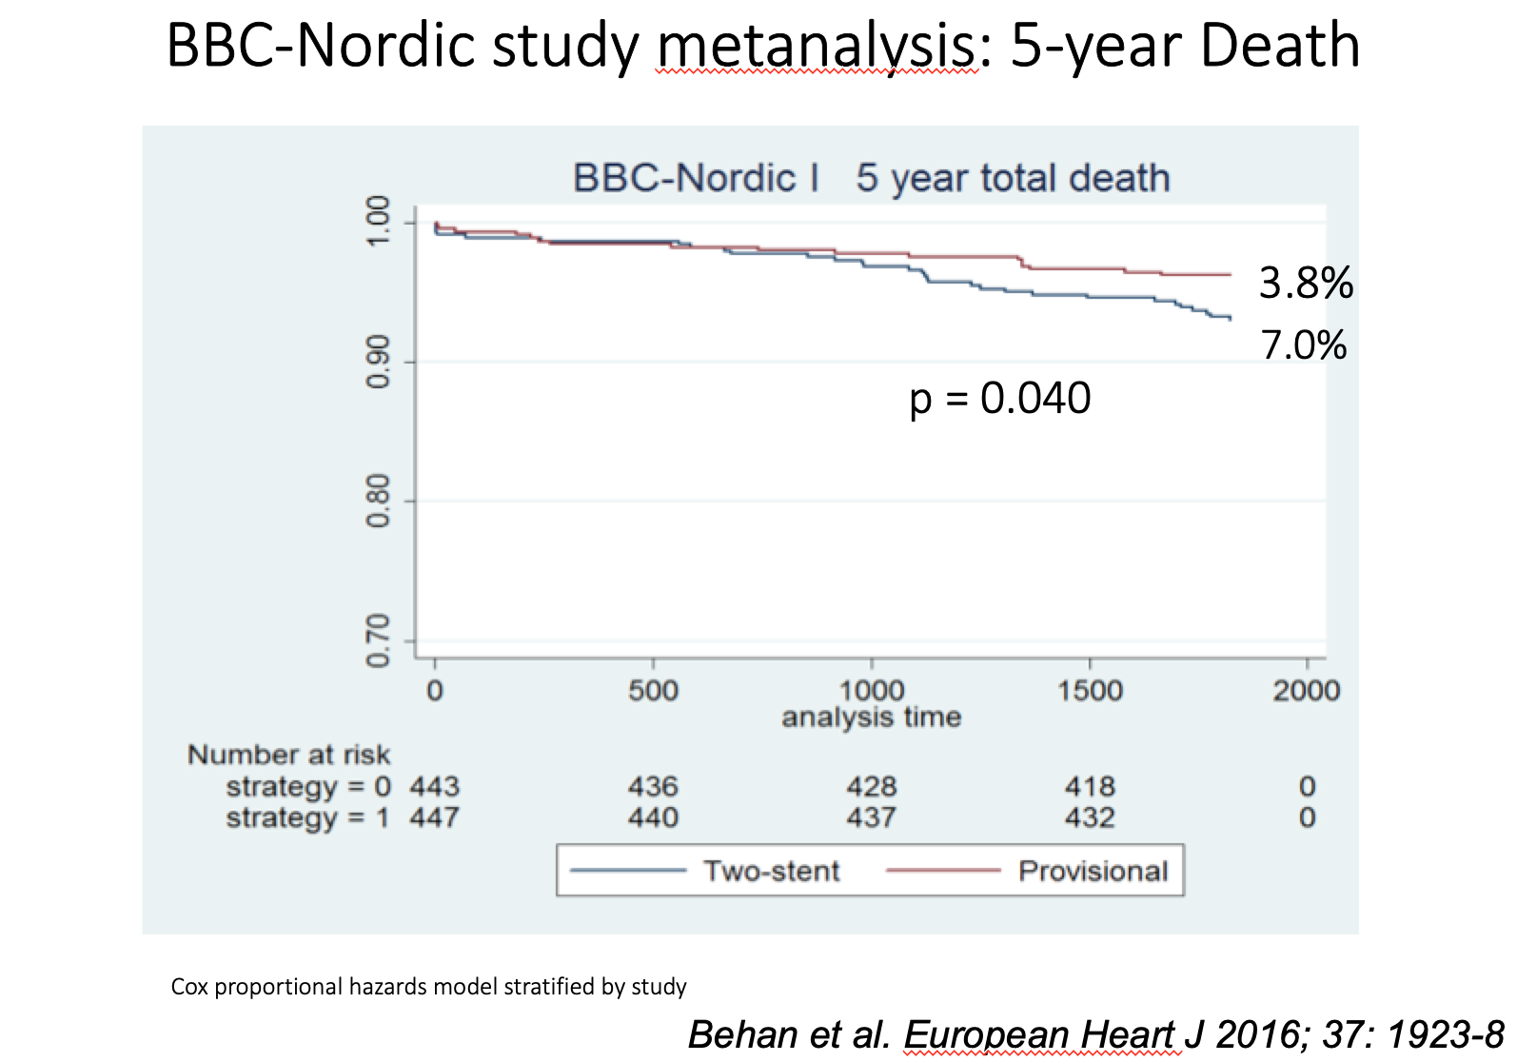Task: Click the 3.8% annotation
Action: click(x=1305, y=284)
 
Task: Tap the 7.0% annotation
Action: click(x=1303, y=345)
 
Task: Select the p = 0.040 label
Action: click(x=999, y=398)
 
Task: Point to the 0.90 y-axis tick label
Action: click(x=378, y=362)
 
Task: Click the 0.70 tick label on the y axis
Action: click(x=378, y=640)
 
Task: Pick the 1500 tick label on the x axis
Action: click(x=1090, y=690)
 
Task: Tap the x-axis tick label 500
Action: click(x=653, y=690)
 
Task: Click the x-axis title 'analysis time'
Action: click(x=871, y=717)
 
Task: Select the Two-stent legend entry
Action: click(x=771, y=871)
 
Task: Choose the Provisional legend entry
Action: click(x=1093, y=871)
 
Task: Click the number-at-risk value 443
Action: click(x=434, y=786)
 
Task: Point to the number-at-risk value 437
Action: click(x=871, y=817)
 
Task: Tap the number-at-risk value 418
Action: click(x=1090, y=786)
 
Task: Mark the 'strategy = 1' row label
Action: click(x=307, y=817)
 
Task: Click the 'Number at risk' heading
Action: click(x=288, y=755)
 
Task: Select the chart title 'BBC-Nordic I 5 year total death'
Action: click(x=871, y=178)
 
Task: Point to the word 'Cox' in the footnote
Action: click(x=189, y=987)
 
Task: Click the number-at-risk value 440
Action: click(x=653, y=817)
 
